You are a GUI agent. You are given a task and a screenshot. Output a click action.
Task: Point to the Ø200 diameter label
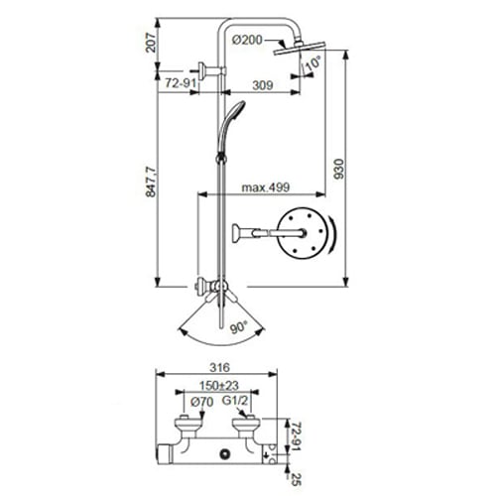point(249,39)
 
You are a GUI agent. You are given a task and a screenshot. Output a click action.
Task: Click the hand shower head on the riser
point(233,111)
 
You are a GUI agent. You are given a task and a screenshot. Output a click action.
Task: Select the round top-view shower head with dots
point(304,235)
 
